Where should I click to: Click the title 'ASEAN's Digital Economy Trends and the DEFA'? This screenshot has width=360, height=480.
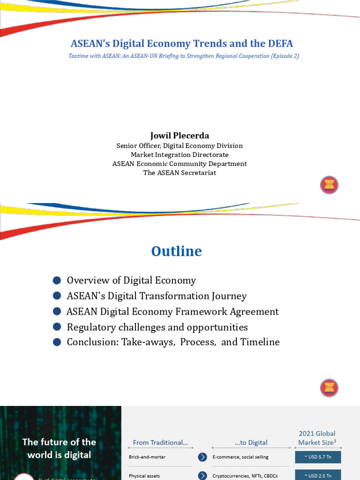point(182,44)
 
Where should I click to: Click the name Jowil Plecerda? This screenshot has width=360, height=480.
point(180,135)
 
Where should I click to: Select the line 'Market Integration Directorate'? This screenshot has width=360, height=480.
point(180,155)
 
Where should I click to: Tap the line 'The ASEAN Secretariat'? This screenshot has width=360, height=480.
point(180,172)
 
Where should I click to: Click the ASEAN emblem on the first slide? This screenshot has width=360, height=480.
point(329,185)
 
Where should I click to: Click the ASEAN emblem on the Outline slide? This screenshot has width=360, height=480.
point(329,388)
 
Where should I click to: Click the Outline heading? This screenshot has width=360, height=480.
point(176,251)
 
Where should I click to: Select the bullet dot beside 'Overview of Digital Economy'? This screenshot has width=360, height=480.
point(57,280)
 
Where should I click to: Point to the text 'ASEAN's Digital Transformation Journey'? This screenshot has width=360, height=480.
point(157,296)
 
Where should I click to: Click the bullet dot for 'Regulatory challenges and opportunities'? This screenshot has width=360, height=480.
point(57,327)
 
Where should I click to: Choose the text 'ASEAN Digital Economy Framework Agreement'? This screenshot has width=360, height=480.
point(172,311)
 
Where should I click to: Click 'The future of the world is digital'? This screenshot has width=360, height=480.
point(59,448)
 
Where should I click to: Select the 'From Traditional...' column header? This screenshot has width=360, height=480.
point(160,442)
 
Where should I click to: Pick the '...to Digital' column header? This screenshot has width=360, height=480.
point(251,442)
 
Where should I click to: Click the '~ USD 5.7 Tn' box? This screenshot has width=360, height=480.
point(318,457)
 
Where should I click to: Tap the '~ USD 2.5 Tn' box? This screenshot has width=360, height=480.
point(318,475)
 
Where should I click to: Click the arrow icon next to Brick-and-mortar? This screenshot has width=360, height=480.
point(202,457)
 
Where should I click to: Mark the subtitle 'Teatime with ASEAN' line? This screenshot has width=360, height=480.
point(184,56)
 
